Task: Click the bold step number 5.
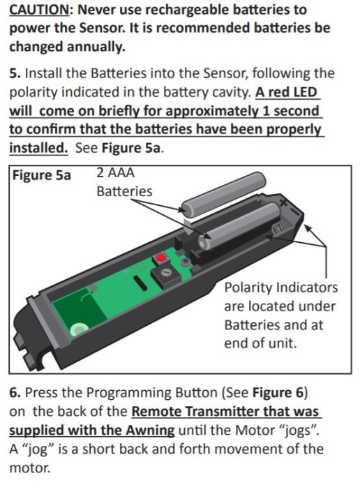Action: click(x=15, y=73)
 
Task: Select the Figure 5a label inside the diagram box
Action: click(x=41, y=175)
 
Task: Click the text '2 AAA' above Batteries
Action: click(x=115, y=172)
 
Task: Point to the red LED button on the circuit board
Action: click(x=161, y=258)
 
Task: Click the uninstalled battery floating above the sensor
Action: click(x=224, y=195)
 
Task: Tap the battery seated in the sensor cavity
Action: click(x=239, y=227)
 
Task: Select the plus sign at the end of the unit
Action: click(x=283, y=202)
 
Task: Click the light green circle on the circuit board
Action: click(x=79, y=329)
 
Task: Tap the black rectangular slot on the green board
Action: click(x=141, y=283)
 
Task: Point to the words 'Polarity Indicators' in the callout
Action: click(x=281, y=288)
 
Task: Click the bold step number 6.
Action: click(x=15, y=392)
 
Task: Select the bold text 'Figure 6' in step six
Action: click(x=278, y=392)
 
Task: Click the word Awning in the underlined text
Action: click(x=150, y=430)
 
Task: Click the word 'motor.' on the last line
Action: click(x=29, y=468)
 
